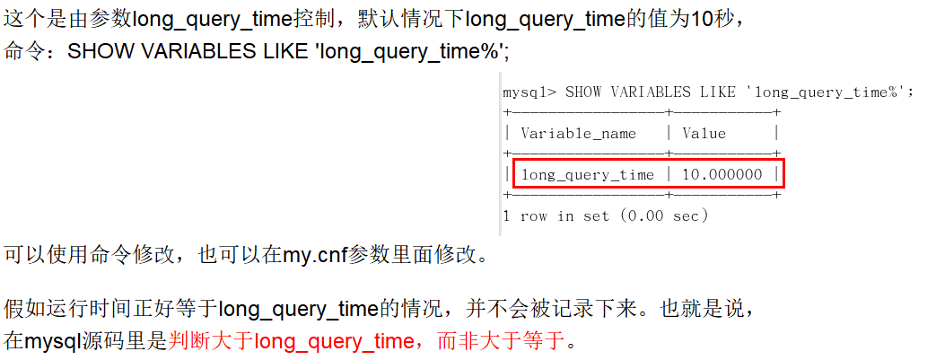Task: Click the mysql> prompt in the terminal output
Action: click(x=529, y=92)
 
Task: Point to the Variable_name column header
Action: click(x=578, y=133)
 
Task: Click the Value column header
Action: click(x=704, y=133)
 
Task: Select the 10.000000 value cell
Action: click(x=722, y=174)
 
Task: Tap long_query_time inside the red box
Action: click(x=588, y=174)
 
